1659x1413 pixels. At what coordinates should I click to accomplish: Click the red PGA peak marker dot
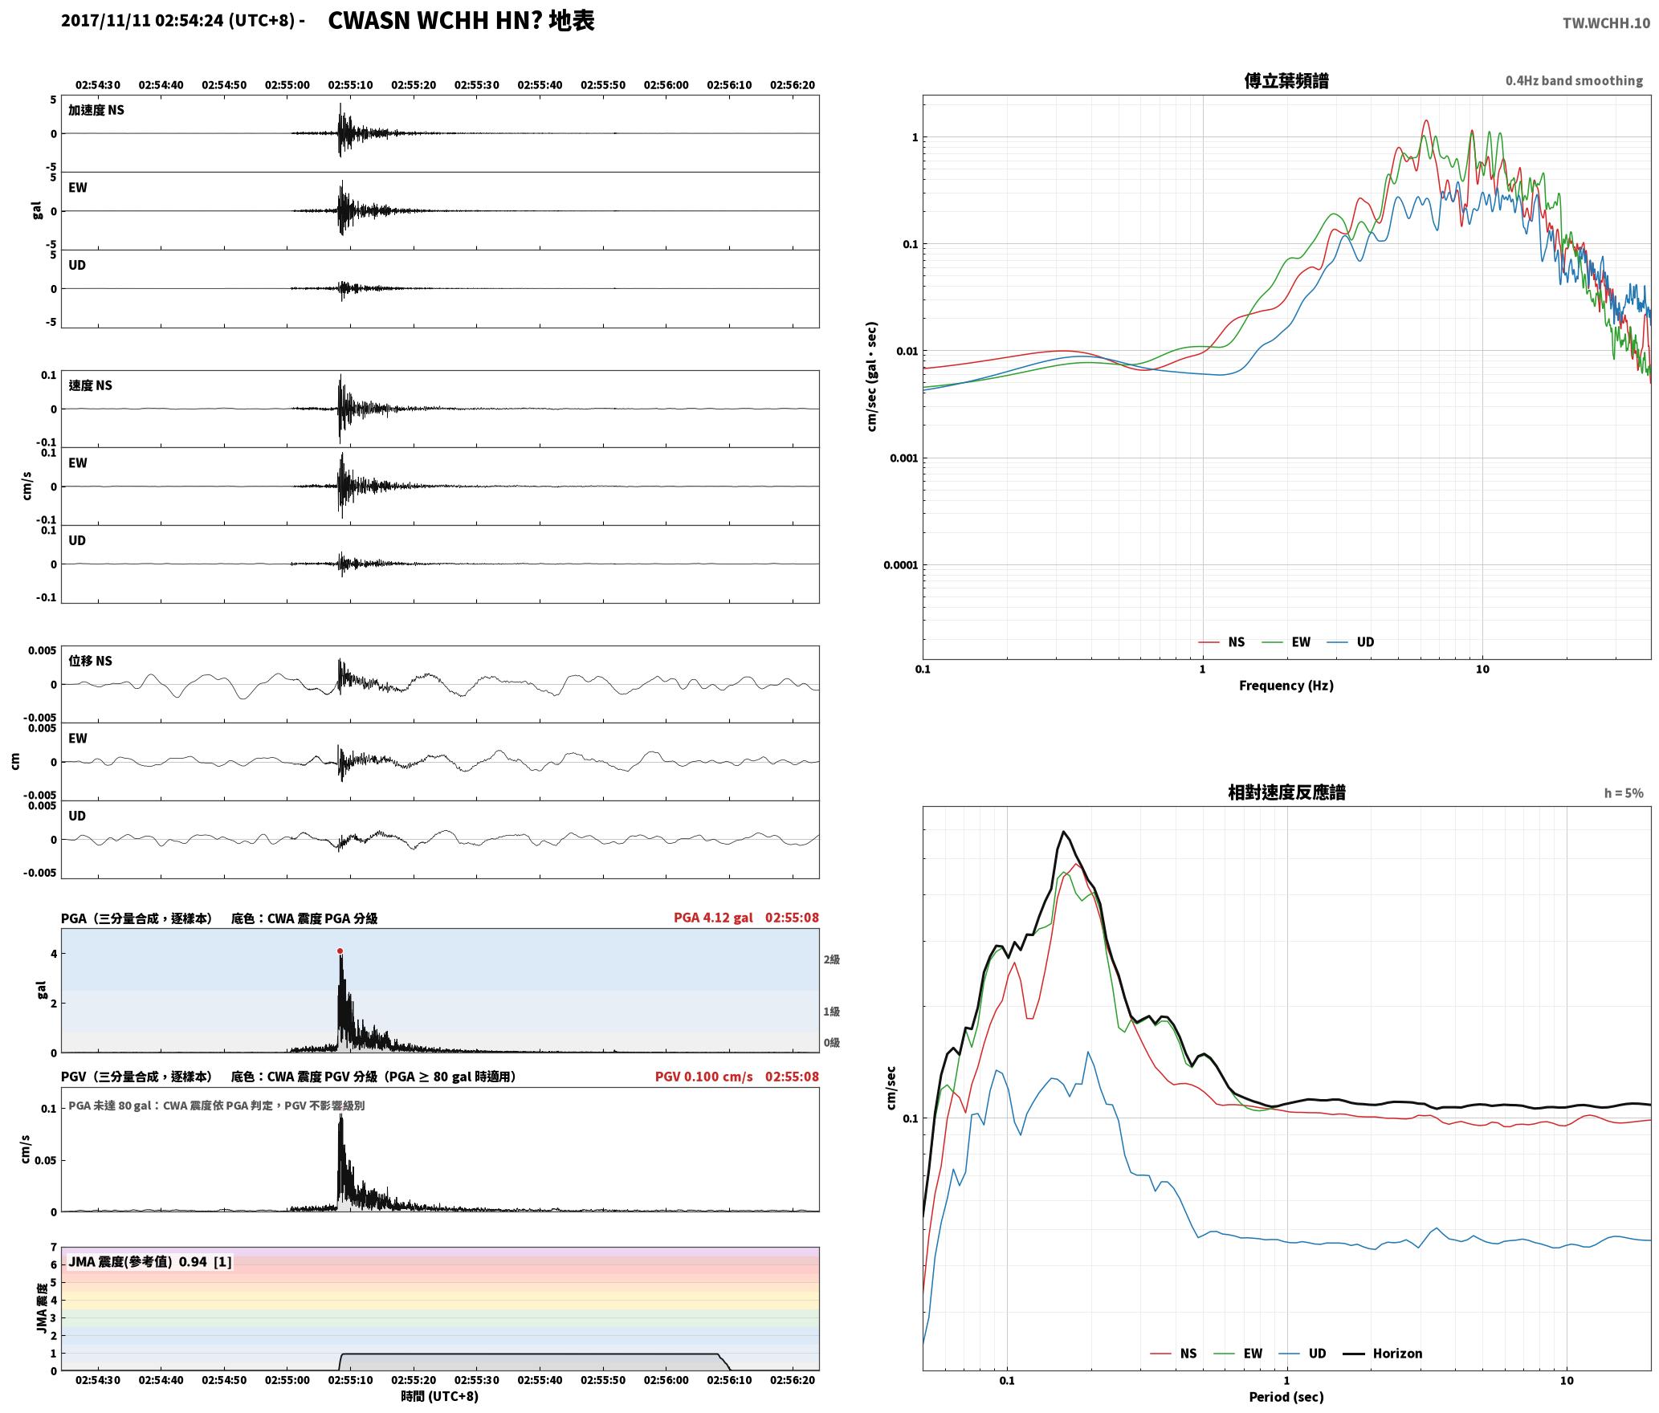tap(340, 951)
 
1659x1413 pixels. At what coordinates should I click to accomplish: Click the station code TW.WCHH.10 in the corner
tap(1606, 22)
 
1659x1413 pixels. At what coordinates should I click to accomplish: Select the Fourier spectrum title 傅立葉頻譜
tap(1286, 80)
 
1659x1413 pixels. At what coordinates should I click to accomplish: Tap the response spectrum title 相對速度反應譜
tap(1286, 792)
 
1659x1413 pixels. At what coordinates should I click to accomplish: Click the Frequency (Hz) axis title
tap(1286, 686)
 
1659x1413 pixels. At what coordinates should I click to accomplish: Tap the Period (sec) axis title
tap(1286, 1397)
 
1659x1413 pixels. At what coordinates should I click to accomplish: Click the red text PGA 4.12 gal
tap(713, 918)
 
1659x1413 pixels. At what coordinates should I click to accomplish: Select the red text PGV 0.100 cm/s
tap(704, 1077)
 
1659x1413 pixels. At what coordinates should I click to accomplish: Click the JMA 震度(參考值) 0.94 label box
tap(150, 1262)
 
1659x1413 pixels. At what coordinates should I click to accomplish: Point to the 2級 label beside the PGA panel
tap(831, 959)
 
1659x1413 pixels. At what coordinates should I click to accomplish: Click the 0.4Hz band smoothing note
tap(1574, 81)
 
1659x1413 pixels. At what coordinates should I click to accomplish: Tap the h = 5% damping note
tap(1624, 793)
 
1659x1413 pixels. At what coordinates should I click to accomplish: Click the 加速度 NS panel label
tap(96, 110)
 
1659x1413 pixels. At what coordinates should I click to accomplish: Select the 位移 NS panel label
tap(91, 661)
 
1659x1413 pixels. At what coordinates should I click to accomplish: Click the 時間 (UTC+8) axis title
tap(440, 1396)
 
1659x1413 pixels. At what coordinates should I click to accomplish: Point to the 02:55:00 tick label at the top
tap(287, 85)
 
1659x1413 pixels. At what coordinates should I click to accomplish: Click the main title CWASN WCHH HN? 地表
tap(462, 21)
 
